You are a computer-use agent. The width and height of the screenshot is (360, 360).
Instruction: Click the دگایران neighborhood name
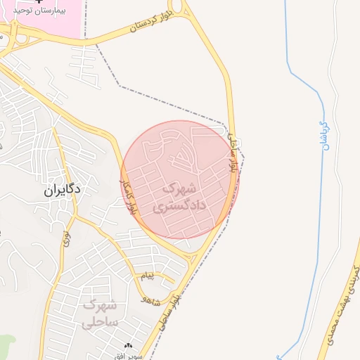tap(62, 190)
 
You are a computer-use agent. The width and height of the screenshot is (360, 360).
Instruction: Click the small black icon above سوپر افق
tap(128, 346)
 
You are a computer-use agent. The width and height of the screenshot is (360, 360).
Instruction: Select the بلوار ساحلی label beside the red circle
tap(235, 156)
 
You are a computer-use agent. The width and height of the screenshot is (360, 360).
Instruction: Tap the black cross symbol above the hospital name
tap(47, 2)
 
